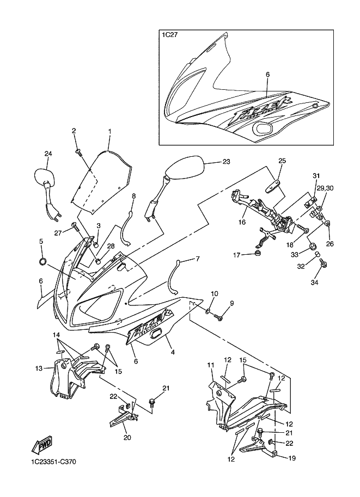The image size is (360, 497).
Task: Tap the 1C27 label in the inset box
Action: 169,36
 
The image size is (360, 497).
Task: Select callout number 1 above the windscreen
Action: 109,131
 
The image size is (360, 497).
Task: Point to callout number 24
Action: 48,154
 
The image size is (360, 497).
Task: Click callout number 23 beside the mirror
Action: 227,162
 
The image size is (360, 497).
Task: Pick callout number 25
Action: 282,161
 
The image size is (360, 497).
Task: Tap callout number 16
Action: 242,222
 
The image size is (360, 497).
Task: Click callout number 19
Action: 292,458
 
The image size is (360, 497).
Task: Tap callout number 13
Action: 39,369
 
